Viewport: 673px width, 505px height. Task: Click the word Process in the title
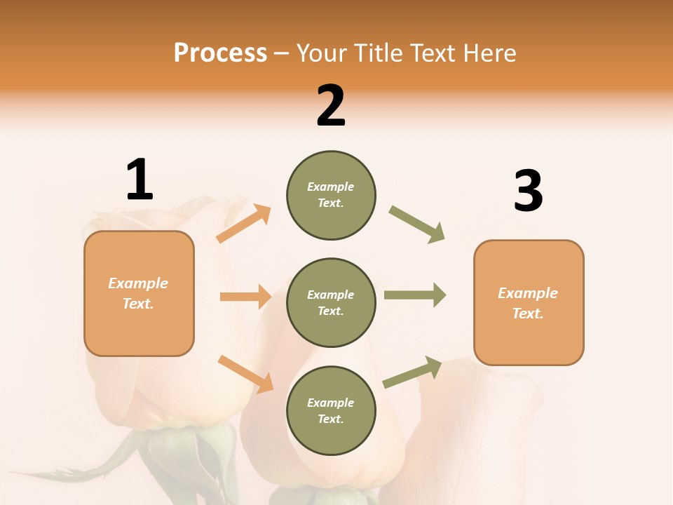click(x=220, y=53)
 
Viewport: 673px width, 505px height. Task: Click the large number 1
click(x=140, y=180)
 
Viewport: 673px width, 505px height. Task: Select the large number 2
click(x=331, y=106)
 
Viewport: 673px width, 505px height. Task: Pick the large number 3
click(x=528, y=191)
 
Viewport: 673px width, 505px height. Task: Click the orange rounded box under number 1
click(x=139, y=293)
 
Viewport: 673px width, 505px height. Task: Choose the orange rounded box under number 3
click(x=529, y=302)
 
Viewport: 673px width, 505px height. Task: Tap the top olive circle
click(x=331, y=195)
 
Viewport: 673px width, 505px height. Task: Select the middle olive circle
click(x=331, y=302)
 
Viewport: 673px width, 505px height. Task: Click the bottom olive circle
click(x=331, y=410)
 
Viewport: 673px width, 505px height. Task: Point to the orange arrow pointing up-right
click(x=244, y=223)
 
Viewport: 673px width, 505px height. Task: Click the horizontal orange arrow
click(x=245, y=297)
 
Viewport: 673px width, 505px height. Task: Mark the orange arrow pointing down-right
click(x=245, y=373)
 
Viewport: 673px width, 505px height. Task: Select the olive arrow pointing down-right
click(x=417, y=224)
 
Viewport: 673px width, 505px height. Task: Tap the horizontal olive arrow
click(x=415, y=295)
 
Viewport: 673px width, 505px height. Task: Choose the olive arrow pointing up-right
click(x=412, y=372)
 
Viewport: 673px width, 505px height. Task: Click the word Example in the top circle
click(x=330, y=187)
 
